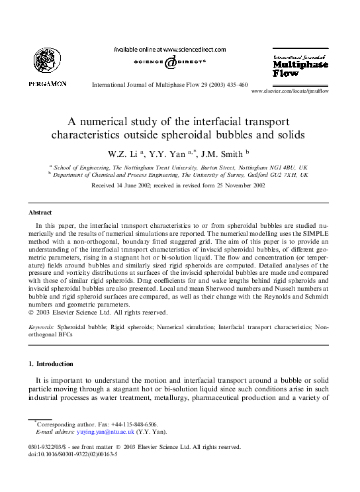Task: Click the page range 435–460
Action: pos(234,85)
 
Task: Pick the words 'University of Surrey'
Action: pos(236,175)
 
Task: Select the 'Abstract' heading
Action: pos(40,213)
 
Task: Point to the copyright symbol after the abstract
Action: pos(31,313)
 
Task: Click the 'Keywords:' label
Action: pos(42,327)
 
